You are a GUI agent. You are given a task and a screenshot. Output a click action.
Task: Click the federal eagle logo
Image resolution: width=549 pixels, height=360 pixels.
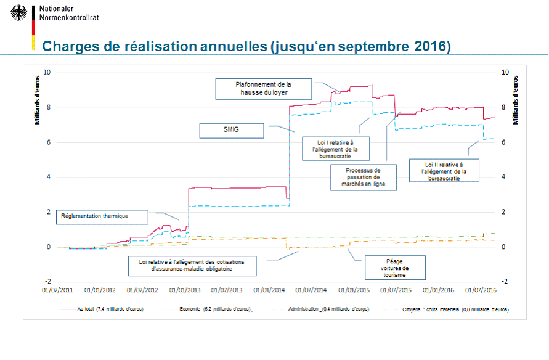click(x=18, y=13)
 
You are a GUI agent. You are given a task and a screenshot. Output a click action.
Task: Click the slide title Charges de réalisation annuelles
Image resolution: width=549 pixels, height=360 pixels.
click(x=245, y=47)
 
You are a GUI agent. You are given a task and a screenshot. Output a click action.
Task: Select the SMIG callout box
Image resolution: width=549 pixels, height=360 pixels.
click(x=231, y=131)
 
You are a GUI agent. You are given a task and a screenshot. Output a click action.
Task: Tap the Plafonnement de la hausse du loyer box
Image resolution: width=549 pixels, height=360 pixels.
click(x=264, y=89)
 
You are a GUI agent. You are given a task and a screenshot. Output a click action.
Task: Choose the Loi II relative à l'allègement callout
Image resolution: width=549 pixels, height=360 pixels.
click(x=444, y=171)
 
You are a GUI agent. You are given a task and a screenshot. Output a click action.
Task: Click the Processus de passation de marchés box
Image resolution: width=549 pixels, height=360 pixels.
click(x=363, y=177)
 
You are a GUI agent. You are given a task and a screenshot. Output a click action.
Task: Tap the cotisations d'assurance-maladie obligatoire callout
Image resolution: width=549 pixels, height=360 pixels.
click(x=192, y=266)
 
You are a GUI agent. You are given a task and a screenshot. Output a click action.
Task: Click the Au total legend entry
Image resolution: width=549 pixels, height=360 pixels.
click(x=102, y=309)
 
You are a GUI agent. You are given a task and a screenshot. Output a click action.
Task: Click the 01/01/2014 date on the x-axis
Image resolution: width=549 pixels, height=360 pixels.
click(x=269, y=289)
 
